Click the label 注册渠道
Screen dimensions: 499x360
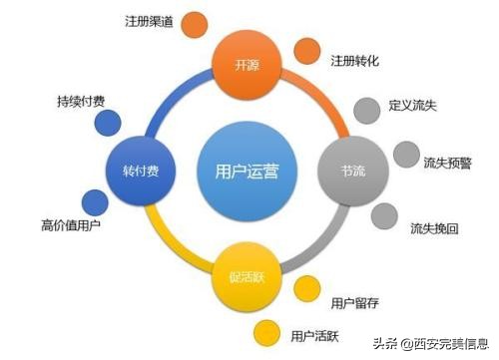tap(151, 21)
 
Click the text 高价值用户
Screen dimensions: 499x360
tap(71, 225)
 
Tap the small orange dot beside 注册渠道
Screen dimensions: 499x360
tap(197, 22)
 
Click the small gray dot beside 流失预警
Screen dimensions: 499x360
tap(405, 155)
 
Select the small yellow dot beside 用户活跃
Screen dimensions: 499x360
tap(266, 333)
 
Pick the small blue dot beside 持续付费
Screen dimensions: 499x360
tap(107, 124)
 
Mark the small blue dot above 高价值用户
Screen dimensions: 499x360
tap(95, 201)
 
